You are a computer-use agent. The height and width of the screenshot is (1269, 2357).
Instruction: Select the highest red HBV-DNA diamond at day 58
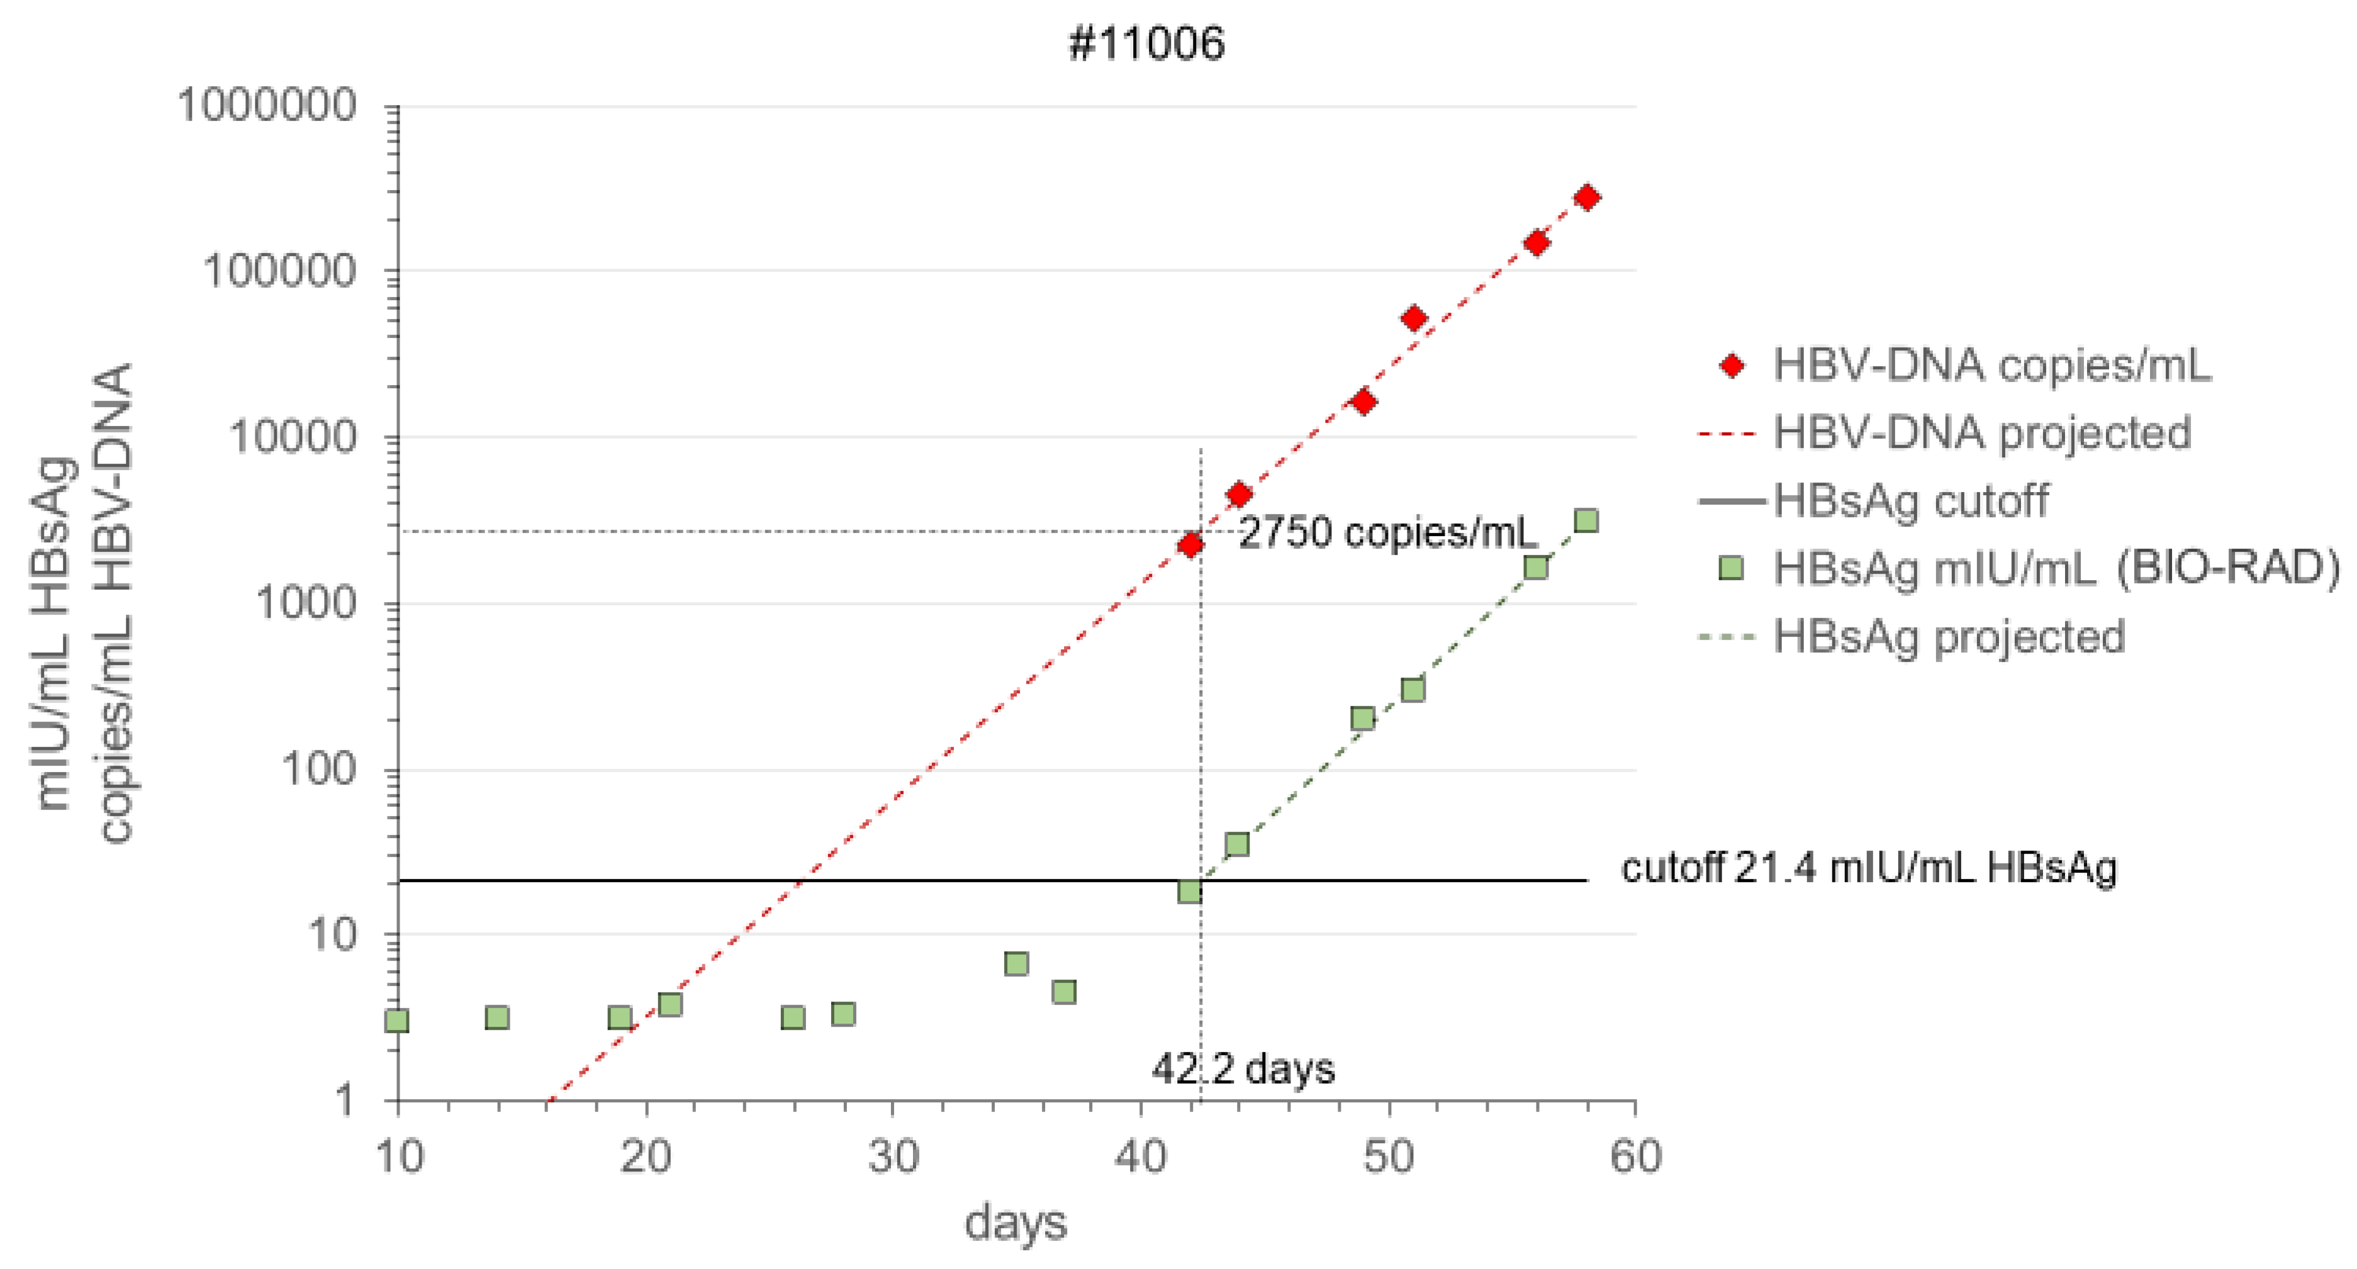[1587, 198]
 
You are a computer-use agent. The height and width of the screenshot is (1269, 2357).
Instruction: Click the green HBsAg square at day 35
[1016, 963]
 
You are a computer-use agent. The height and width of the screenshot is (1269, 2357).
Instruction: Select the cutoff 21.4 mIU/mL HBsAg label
[1868, 868]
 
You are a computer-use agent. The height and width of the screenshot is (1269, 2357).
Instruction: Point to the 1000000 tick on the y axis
[266, 106]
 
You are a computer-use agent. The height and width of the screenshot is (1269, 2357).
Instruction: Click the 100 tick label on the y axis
[318, 769]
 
